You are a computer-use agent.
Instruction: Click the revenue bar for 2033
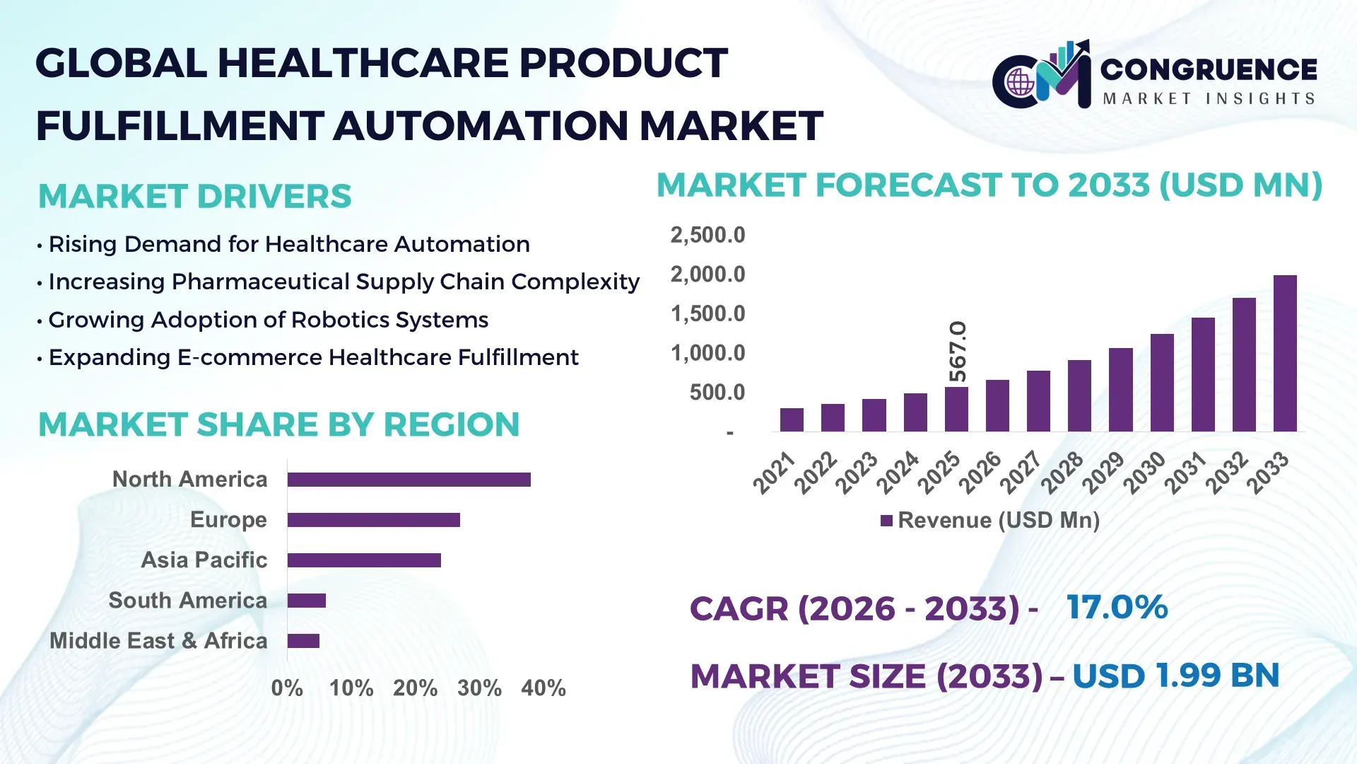pos(1284,354)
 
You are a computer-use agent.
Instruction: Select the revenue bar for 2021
pos(792,419)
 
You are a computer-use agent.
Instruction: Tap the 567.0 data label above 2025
pos(957,351)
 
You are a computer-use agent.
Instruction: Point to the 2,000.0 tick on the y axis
pos(707,274)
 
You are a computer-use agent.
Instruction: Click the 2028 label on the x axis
pos(1062,473)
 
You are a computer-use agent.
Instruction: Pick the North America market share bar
pos(409,480)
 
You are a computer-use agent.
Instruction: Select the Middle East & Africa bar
pos(303,641)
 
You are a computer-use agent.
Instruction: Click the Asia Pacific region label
pos(204,560)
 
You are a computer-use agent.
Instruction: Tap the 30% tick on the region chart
pos(479,688)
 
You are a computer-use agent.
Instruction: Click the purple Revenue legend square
pos(886,521)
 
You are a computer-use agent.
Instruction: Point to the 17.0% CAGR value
pos(1117,607)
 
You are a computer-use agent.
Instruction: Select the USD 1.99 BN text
pos(1175,676)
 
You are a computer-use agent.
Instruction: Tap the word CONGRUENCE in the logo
pos(1208,69)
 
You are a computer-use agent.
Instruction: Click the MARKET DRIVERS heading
pos(194,196)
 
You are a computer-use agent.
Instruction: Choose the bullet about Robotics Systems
pos(268,320)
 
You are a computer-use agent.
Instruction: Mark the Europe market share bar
pos(373,520)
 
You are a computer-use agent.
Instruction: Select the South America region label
pos(187,600)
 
